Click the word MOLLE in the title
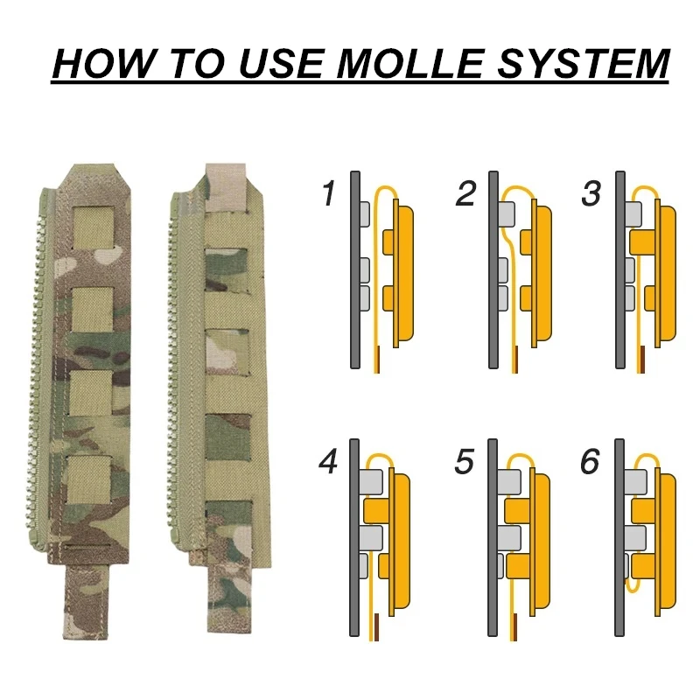coord(410,63)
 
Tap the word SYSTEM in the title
coord(584,63)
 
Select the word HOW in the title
coord(104,63)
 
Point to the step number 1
coord(329,193)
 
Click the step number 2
coord(465,193)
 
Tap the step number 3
coord(592,193)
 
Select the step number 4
coord(328,462)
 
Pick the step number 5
coord(465,462)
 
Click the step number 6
coord(590,462)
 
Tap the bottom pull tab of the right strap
coord(229,598)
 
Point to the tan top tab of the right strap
coord(226,186)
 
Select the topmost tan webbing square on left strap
coord(93,227)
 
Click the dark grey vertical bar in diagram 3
coord(620,269)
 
